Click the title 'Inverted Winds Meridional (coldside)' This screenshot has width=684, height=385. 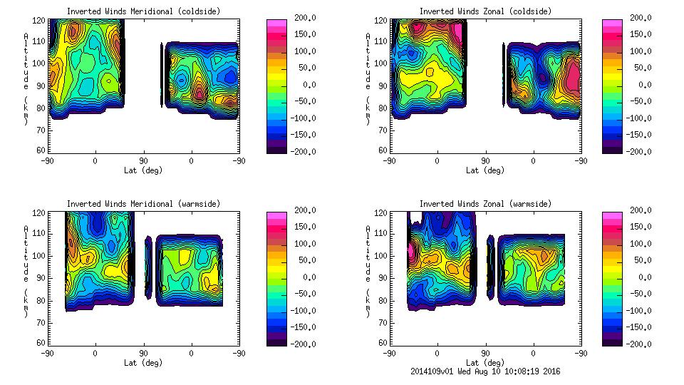click(143, 11)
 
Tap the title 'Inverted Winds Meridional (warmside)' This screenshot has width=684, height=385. click(143, 204)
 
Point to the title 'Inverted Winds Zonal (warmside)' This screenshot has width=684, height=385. click(485, 204)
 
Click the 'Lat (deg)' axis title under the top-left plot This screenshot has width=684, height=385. click(144, 170)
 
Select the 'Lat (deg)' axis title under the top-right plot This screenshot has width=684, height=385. click(486, 170)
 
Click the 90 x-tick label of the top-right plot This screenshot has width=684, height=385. click(485, 160)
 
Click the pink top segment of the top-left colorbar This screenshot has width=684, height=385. click(276, 24)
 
